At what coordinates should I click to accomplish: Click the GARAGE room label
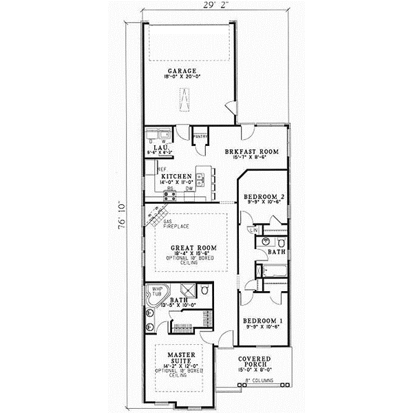tap(181, 71)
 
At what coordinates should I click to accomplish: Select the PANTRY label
tap(200, 136)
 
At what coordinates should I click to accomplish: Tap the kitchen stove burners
tap(169, 195)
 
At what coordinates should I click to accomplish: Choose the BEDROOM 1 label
tap(264, 321)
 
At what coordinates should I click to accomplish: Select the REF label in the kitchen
tap(162, 169)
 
